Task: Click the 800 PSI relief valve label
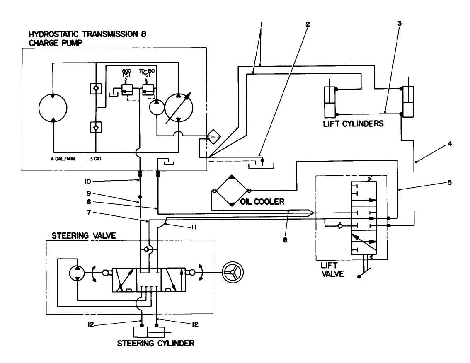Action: point(126,74)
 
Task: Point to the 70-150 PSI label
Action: point(148,74)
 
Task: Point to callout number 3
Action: point(399,23)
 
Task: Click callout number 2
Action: point(307,23)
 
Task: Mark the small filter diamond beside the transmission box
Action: point(214,137)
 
